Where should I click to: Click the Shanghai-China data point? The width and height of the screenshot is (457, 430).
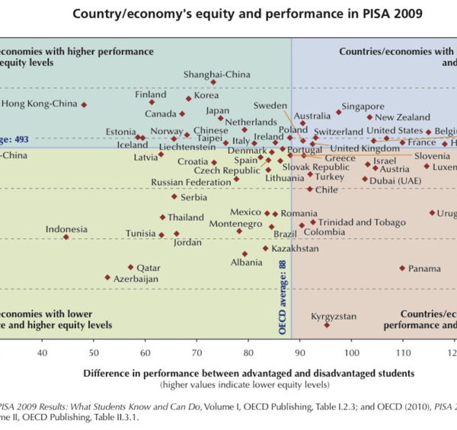point(213,82)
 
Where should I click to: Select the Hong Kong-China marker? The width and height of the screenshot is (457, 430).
point(84,104)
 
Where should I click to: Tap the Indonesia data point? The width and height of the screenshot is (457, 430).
point(66,237)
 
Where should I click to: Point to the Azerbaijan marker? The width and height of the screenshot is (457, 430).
point(107,278)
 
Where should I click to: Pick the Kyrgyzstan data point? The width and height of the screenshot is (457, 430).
point(327,325)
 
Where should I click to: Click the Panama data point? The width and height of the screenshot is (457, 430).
point(402,268)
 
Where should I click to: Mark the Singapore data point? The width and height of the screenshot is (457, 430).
point(338,113)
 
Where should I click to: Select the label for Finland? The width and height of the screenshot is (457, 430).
point(150,94)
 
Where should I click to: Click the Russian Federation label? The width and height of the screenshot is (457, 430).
point(190,182)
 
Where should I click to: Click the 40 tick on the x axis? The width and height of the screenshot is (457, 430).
point(42,352)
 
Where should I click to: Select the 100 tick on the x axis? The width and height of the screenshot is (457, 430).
point(351,352)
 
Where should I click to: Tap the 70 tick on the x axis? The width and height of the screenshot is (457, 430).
point(197,352)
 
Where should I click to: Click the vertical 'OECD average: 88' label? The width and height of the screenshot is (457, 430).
point(283,297)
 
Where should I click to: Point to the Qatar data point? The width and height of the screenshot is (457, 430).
point(131,267)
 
